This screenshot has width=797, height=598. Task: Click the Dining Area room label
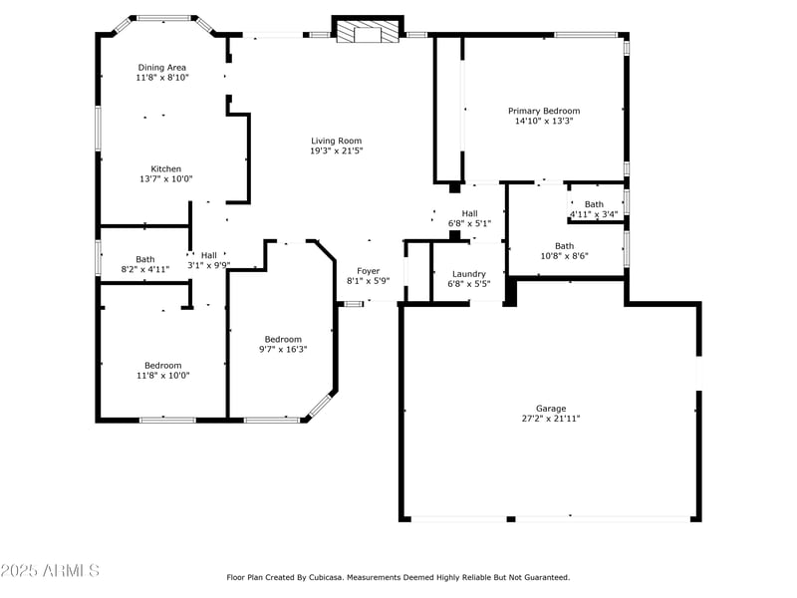pos(161,67)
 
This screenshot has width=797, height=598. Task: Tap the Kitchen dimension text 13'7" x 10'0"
pos(165,179)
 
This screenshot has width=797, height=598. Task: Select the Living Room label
pos(336,141)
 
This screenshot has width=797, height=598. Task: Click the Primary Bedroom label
pos(544,111)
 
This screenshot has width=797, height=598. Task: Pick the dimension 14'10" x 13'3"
pos(544,121)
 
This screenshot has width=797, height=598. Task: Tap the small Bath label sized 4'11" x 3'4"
pos(594,204)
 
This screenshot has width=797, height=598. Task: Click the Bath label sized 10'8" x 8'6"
pos(564,245)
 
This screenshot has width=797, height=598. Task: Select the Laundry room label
pos(468,274)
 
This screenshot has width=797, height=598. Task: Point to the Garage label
pos(551,409)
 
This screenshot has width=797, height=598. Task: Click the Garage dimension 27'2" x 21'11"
pos(551,419)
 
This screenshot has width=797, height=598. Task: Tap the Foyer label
pos(369,271)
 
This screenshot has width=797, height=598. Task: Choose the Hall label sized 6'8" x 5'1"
pos(469,213)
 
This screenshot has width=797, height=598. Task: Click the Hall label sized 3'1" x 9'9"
pos(209,255)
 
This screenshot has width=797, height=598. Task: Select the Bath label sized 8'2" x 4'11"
pos(145,259)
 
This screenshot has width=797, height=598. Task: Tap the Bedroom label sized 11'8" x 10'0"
pos(163,365)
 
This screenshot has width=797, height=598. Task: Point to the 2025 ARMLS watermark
pos(50,570)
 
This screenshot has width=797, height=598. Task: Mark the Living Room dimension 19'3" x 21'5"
pos(336,151)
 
